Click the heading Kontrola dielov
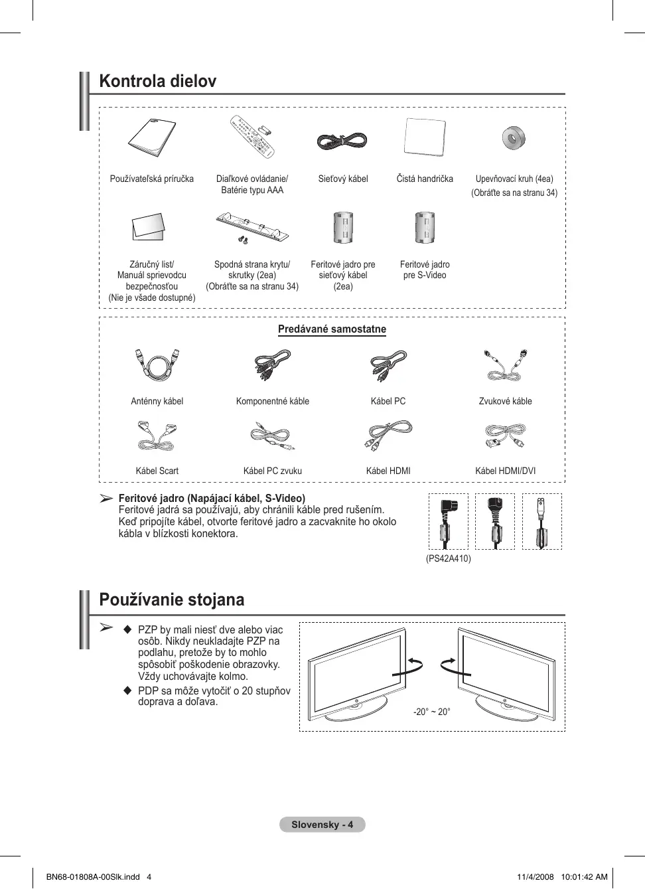[x=158, y=82]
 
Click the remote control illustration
[x=251, y=137]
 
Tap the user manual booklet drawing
[x=152, y=137]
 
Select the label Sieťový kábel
[x=343, y=179]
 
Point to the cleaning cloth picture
[x=425, y=137]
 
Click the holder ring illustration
[x=513, y=138]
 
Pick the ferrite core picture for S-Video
[x=425, y=228]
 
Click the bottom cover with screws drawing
[x=252, y=227]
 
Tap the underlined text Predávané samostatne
[x=332, y=329]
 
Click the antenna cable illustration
[x=157, y=364]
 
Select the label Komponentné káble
[x=273, y=401]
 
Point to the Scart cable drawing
[x=157, y=436]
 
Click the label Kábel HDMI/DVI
[x=506, y=471]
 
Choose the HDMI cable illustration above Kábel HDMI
[x=388, y=436]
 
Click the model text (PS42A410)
[x=449, y=558]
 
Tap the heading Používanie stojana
[x=172, y=600]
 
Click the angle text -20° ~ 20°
[x=432, y=712]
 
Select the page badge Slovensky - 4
[x=322, y=825]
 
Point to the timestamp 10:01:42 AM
[x=584, y=876]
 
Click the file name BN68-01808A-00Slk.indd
[x=93, y=876]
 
